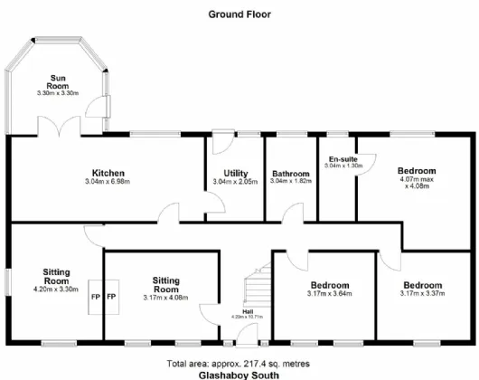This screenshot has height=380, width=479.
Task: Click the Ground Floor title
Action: (x=239, y=14)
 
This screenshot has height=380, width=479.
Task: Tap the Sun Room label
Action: (x=59, y=81)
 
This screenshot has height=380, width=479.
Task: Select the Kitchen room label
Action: (x=108, y=173)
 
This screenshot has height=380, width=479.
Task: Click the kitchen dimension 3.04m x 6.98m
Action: (x=108, y=182)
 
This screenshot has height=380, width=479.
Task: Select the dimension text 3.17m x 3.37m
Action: (x=423, y=293)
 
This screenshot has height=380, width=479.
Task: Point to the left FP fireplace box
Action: (x=94, y=297)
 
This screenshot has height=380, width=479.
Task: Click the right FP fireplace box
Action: (x=112, y=297)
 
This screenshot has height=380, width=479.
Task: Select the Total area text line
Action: (x=239, y=361)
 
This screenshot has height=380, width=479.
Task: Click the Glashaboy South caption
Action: (x=239, y=373)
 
